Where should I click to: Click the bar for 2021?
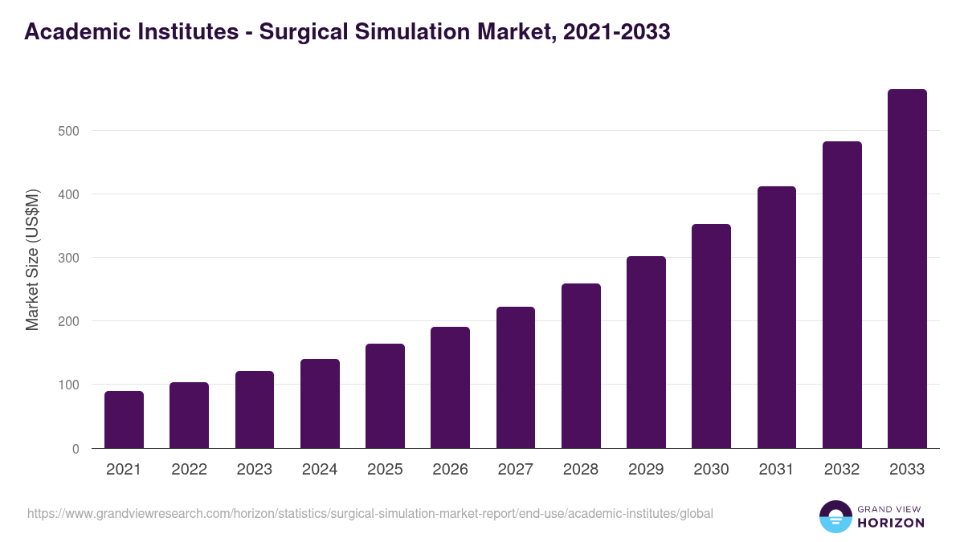click(124, 420)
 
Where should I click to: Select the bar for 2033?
click(907, 269)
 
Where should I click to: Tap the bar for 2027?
click(516, 377)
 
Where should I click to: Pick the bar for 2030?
click(711, 336)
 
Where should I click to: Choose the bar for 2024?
click(320, 404)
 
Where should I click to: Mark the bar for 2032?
click(842, 295)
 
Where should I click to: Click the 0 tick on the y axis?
click(76, 449)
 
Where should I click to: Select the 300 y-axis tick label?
click(69, 258)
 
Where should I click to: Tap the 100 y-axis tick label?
click(69, 385)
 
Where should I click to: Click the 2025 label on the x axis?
click(385, 470)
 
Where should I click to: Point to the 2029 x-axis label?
click(646, 470)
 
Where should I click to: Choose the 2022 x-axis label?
click(189, 470)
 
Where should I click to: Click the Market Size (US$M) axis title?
click(32, 259)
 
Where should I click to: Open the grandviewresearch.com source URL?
click(370, 513)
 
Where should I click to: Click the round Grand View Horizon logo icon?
click(835, 516)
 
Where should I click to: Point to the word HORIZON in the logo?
click(891, 523)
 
